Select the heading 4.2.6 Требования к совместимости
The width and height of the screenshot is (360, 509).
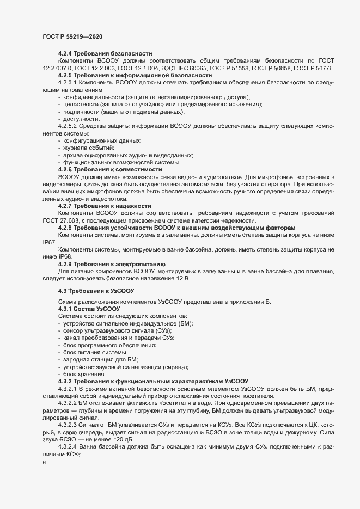pos(110,169)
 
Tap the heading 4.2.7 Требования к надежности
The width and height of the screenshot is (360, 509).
pos(105,206)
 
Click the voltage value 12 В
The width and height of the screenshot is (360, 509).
pos(182,278)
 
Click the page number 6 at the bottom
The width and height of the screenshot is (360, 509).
pos(44,463)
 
